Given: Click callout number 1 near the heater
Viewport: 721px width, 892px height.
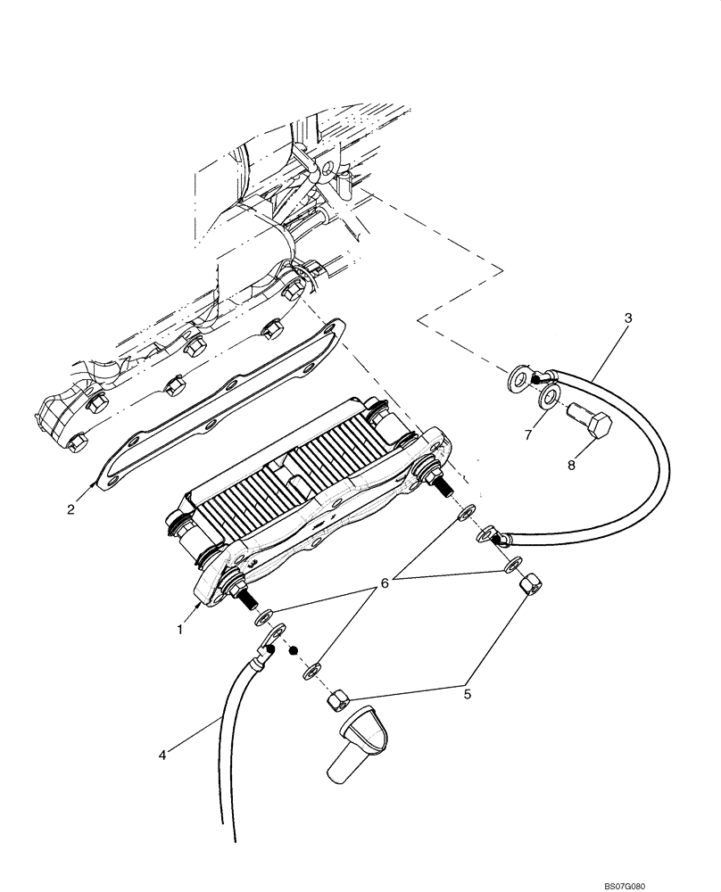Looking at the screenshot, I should click(x=179, y=629).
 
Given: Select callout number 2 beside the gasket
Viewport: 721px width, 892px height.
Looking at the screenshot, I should click(x=70, y=509).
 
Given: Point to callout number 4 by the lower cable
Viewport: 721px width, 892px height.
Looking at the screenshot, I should click(x=162, y=755).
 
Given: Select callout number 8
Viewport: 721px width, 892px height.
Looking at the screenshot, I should click(x=572, y=465).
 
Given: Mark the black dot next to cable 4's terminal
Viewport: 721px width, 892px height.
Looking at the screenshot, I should click(x=292, y=650).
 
